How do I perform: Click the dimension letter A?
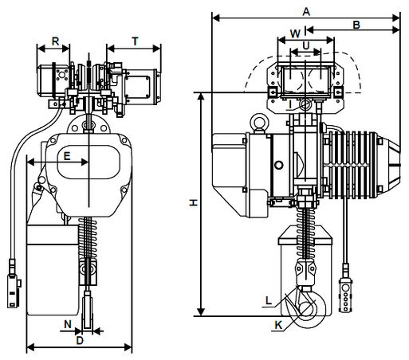(306, 12)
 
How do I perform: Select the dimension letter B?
(356, 25)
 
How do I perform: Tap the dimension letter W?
(295, 33)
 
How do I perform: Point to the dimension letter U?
(306, 45)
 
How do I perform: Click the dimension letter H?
(194, 203)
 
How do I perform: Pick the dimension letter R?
(55, 41)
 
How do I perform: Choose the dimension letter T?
(135, 41)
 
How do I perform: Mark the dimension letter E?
(67, 156)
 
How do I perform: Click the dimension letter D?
(80, 340)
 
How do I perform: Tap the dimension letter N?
(68, 324)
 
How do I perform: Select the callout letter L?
(269, 300)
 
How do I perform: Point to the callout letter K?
(278, 325)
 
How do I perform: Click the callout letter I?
(290, 104)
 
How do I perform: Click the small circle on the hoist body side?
(278, 166)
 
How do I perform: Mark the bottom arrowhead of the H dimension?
(201, 312)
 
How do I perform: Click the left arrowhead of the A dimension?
(216, 18)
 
